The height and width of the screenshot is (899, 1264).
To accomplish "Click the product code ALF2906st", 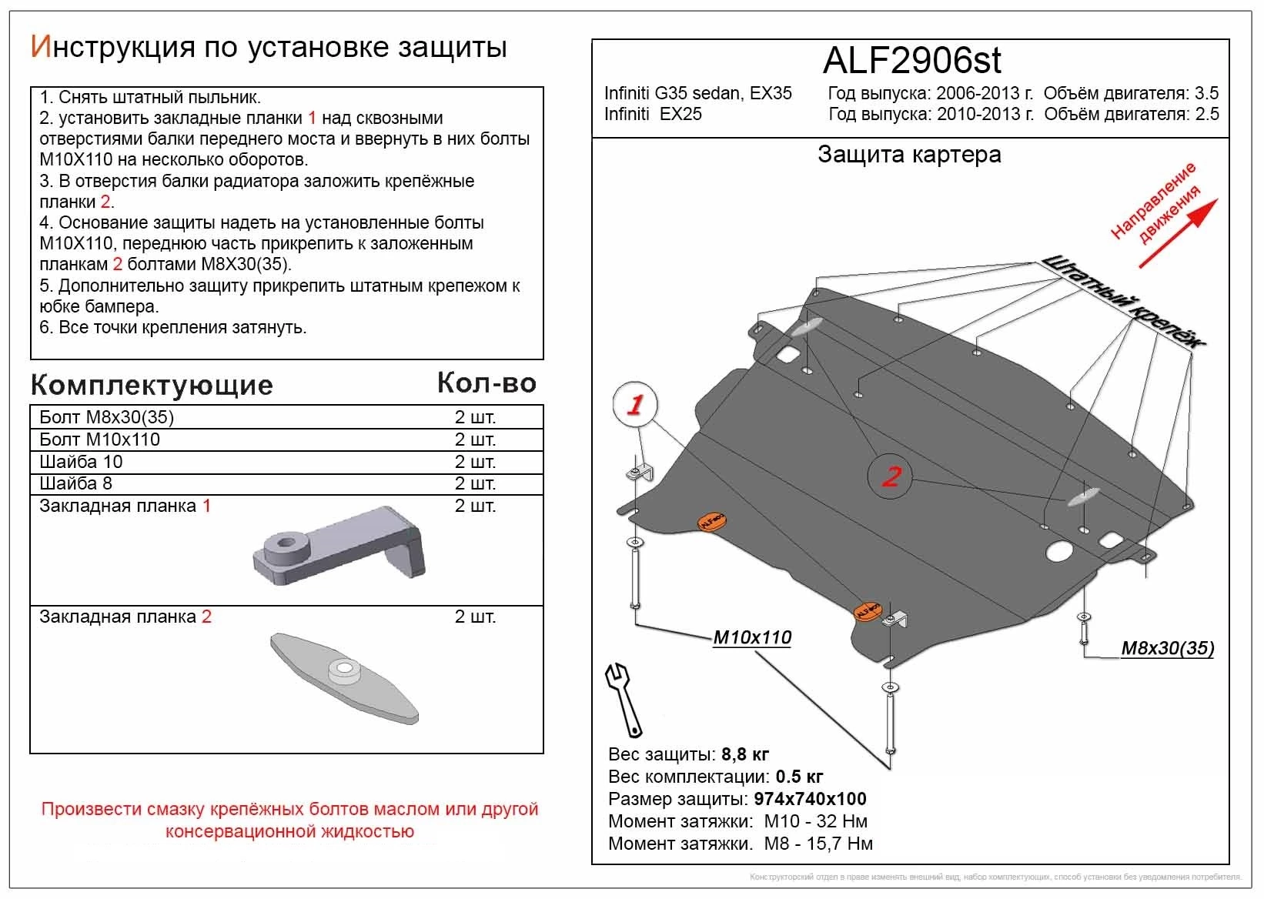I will click(x=912, y=61).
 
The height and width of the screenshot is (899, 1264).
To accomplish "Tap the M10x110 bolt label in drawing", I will click(x=752, y=637).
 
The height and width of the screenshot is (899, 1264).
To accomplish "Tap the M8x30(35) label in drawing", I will click(x=1167, y=648).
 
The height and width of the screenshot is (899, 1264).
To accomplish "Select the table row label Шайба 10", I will click(x=81, y=462).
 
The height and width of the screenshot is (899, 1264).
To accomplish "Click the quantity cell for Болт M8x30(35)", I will click(x=475, y=417).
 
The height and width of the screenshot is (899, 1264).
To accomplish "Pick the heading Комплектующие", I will click(x=152, y=385).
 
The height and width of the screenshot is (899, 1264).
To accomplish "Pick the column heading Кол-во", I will click(x=487, y=383).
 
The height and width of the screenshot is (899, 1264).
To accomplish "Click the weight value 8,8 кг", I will click(x=745, y=754).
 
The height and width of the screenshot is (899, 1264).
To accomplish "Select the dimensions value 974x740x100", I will click(x=810, y=799).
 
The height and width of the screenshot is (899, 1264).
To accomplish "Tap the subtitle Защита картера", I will click(x=909, y=155).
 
